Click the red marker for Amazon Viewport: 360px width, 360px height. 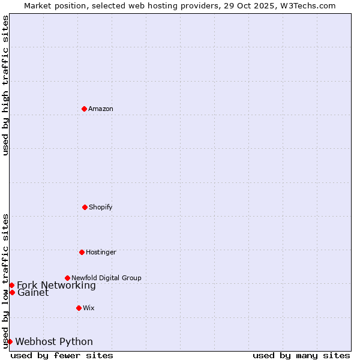point(84,109)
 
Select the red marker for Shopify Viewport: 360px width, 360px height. point(85,207)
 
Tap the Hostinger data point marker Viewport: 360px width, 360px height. point(82,252)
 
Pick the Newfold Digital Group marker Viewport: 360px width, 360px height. point(67,278)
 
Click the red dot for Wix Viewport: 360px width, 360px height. point(79,308)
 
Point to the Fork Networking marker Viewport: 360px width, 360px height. point(11,285)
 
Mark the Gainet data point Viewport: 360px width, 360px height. point(12,292)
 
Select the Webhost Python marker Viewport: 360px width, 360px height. point(10,341)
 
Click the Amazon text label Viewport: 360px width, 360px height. point(101,109)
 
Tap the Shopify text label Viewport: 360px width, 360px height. point(101,207)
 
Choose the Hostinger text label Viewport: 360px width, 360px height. point(101,252)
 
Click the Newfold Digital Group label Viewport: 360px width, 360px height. point(106,278)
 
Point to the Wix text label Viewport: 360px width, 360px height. point(89,308)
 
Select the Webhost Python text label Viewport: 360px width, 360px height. point(54,341)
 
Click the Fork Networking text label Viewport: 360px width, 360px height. point(56,285)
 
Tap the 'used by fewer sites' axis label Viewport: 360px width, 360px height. point(62,355)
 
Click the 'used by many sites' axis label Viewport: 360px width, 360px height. point(301,355)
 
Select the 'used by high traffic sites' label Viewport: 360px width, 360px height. point(6,85)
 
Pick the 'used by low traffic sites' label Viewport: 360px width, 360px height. point(6,280)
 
